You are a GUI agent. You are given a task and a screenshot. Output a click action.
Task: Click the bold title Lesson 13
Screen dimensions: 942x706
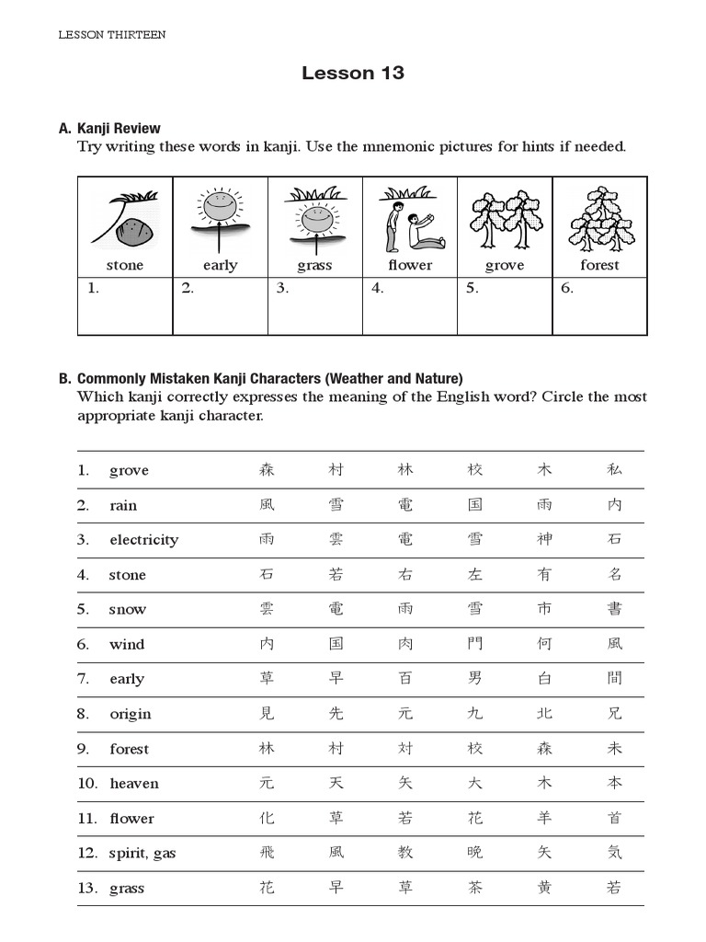(353, 74)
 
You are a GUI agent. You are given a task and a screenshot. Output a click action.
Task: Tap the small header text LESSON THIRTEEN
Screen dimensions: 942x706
(112, 35)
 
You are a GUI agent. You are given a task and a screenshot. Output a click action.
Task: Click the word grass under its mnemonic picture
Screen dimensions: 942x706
(314, 266)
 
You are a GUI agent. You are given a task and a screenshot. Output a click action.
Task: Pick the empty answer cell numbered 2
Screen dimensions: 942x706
(220, 307)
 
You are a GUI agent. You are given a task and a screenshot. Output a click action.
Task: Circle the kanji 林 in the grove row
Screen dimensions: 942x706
(405, 470)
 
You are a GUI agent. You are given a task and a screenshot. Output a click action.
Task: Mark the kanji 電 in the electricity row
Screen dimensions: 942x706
(405, 540)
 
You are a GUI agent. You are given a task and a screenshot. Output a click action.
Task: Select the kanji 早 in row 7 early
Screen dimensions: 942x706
(336, 679)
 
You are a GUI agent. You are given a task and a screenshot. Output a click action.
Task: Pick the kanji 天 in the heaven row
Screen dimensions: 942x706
(336, 784)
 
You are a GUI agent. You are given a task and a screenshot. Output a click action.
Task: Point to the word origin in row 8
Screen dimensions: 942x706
(131, 714)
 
